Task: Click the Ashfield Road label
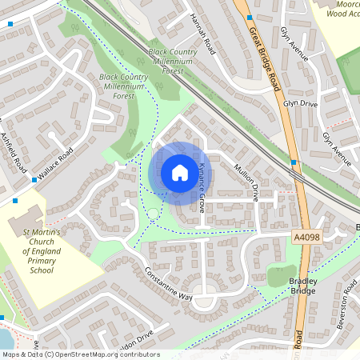point(14,153)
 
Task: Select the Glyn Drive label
point(298,105)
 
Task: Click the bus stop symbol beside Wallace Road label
point(34,180)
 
